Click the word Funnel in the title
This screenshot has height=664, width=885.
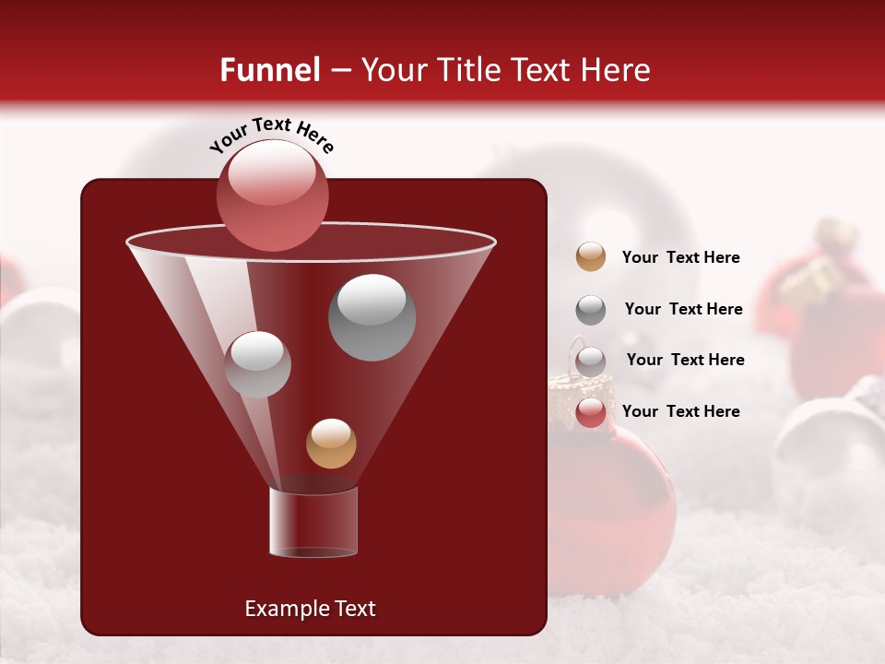tap(269, 70)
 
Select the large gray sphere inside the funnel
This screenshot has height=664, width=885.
tap(372, 316)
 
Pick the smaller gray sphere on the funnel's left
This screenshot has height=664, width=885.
tap(257, 363)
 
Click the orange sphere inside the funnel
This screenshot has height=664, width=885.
tap(331, 443)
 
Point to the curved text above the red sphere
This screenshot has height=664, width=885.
tap(272, 134)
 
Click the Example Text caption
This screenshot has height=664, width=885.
tap(310, 609)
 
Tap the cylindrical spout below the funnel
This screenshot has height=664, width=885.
tap(313, 522)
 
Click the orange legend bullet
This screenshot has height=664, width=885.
tap(591, 256)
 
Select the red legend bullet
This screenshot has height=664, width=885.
tap(591, 412)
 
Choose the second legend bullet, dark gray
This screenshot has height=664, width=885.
tap(591, 310)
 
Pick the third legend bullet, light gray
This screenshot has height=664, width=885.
tap(591, 361)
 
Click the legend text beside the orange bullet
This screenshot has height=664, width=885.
tap(680, 258)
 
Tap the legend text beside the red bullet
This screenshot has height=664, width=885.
tap(680, 411)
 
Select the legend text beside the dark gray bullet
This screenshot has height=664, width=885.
tap(683, 310)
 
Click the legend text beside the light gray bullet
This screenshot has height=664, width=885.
tap(685, 361)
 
